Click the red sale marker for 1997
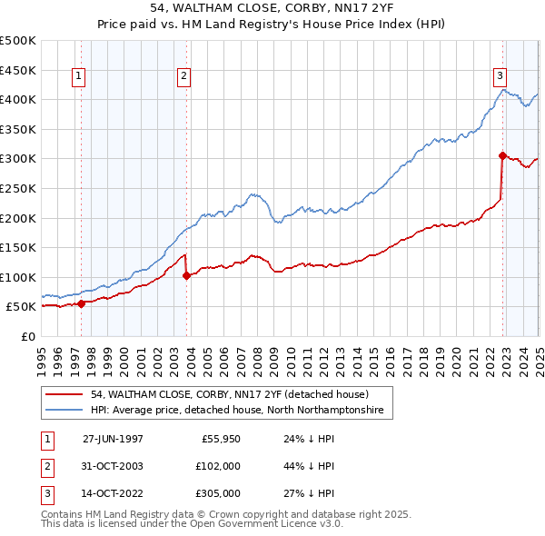82,303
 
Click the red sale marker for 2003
186,276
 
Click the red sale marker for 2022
501,155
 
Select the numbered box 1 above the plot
80,77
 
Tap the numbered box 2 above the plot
183,77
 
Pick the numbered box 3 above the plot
500,75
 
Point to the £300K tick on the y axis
18,159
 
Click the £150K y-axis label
18,247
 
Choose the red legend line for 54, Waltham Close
64,395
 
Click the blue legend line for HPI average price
64,411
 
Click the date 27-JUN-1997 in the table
113,438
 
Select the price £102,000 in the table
219,466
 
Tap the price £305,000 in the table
219,493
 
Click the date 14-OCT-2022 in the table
113,493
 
